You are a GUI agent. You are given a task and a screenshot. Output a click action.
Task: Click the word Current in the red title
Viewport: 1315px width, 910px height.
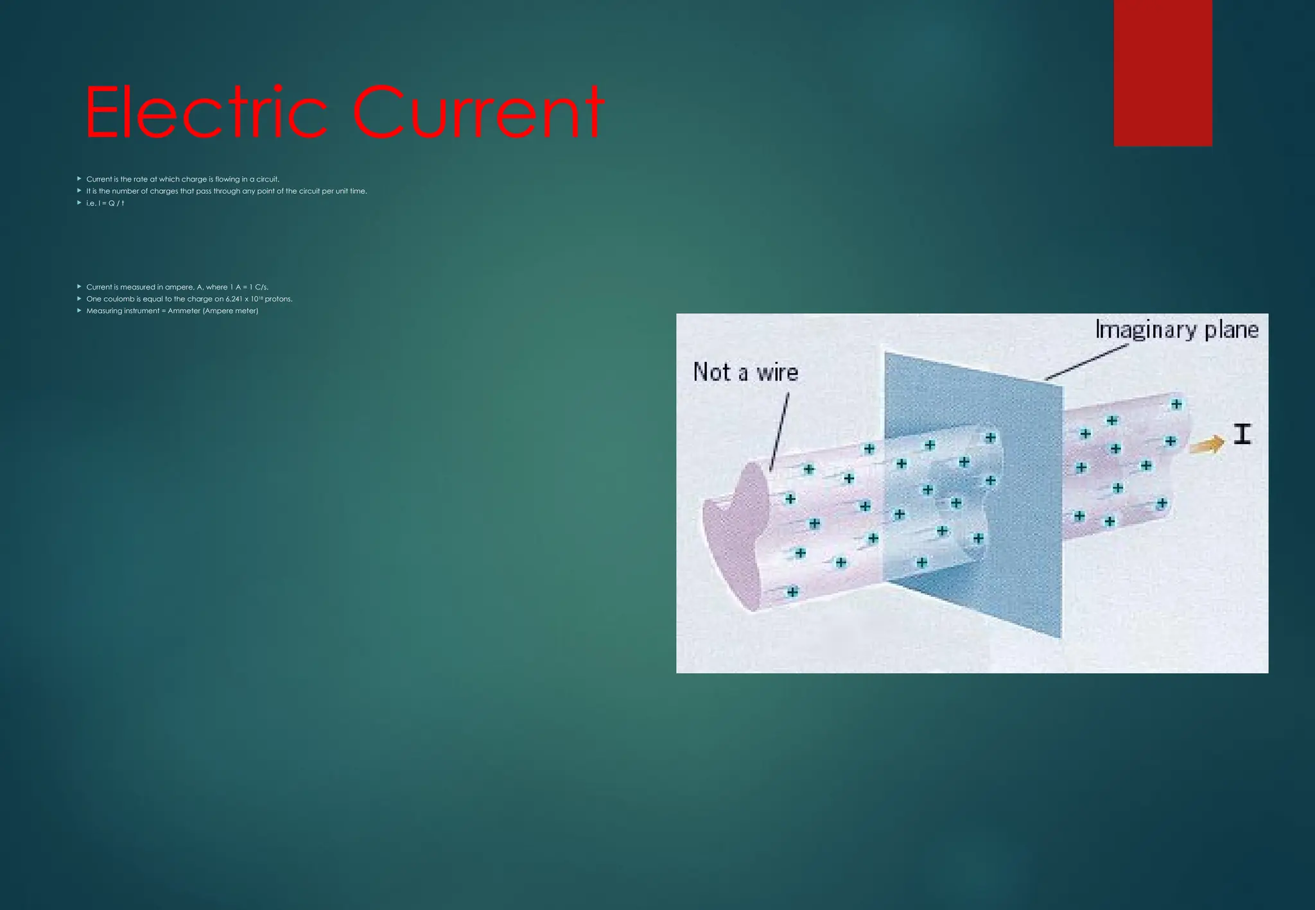coord(477,113)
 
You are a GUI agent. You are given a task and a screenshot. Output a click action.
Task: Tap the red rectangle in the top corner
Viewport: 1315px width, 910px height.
coord(1163,73)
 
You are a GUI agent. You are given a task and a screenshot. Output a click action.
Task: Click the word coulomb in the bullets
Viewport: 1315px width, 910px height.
coord(119,299)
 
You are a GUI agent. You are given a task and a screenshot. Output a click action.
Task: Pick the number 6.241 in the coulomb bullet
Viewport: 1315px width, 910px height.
coord(233,299)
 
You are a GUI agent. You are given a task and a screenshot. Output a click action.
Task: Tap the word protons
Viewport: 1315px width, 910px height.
coord(278,299)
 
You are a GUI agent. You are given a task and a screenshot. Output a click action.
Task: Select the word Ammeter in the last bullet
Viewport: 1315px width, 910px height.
coord(184,311)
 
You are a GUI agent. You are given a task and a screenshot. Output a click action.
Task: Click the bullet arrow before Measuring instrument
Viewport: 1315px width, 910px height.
coord(79,311)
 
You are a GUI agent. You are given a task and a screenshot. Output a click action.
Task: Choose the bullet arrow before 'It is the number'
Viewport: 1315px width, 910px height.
coord(79,191)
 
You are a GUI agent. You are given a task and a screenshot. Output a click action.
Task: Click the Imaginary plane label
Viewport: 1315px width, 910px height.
coord(1176,330)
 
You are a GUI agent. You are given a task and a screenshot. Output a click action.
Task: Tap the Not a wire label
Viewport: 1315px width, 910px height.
coord(745,372)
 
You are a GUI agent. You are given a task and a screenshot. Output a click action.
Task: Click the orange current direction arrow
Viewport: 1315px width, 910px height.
coord(1206,444)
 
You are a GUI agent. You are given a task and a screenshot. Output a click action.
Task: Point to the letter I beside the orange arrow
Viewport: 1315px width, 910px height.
coord(1242,434)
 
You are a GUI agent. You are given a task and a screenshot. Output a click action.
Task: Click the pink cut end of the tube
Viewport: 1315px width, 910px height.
coord(735,539)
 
